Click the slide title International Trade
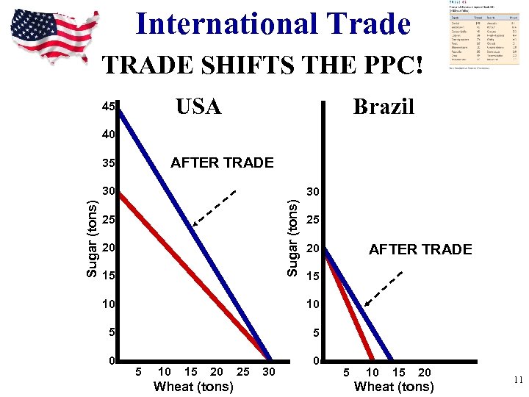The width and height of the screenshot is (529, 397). (x=273, y=24)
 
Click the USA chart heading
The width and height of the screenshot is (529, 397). (x=198, y=107)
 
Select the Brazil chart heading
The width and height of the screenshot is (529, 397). (x=384, y=107)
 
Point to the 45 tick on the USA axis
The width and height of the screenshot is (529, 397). (x=109, y=107)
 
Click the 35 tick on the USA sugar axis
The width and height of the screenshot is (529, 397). (x=109, y=162)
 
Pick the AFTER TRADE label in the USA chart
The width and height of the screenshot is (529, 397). (x=221, y=162)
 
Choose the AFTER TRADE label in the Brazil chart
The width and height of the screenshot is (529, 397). (x=420, y=250)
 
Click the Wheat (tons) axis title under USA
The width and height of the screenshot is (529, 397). (x=193, y=387)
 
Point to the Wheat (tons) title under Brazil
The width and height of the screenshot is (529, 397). (x=394, y=387)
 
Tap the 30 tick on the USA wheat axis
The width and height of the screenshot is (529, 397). (x=269, y=372)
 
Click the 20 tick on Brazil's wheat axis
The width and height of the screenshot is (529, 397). (x=425, y=372)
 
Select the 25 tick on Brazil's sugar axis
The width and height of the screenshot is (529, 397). (x=313, y=221)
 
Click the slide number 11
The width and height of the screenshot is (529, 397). (x=517, y=380)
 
